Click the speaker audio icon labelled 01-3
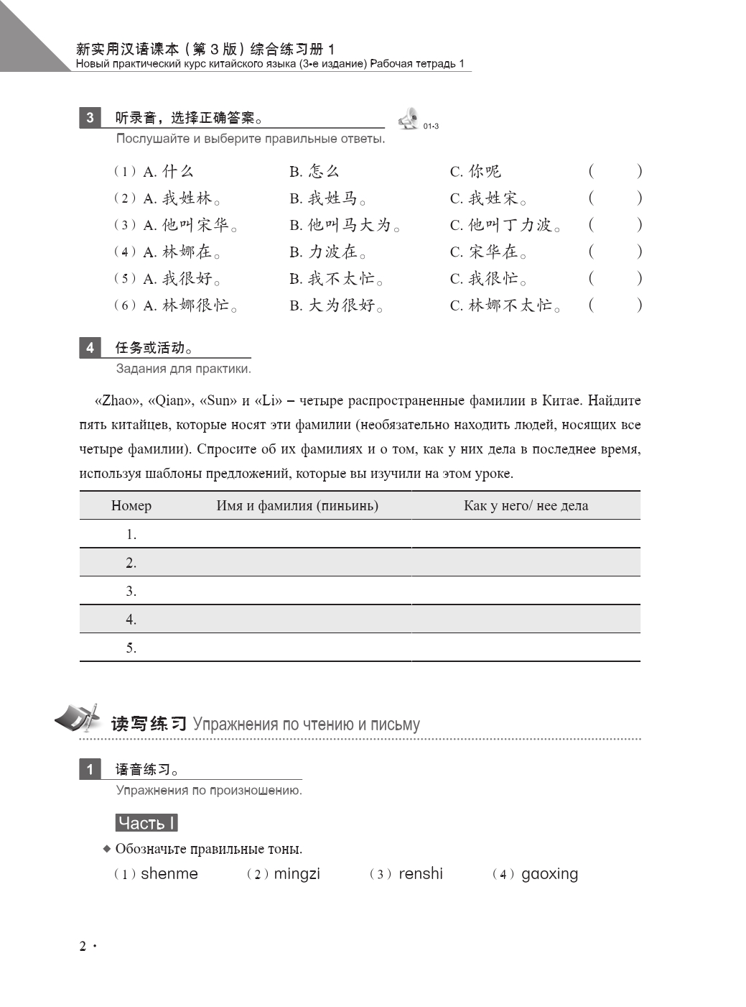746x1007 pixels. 409,119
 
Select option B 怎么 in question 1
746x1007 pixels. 314,171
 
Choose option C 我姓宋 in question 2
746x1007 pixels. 488,198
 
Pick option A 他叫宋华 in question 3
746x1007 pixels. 190,225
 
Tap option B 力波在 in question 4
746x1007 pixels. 328,252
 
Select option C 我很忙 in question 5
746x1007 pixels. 488,279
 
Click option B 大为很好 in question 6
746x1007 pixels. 336,305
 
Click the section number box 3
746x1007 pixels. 90,118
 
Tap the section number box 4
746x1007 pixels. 90,348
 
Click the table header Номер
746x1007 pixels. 131,506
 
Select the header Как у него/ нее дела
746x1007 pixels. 526,506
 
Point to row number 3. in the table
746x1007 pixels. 131,591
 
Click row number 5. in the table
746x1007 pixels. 131,648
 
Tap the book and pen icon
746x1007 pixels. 77,718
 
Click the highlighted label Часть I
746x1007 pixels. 146,823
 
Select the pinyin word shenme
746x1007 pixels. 169,874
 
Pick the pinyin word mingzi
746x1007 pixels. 297,874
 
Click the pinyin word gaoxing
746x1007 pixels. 549,874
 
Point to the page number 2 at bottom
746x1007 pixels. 83,946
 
